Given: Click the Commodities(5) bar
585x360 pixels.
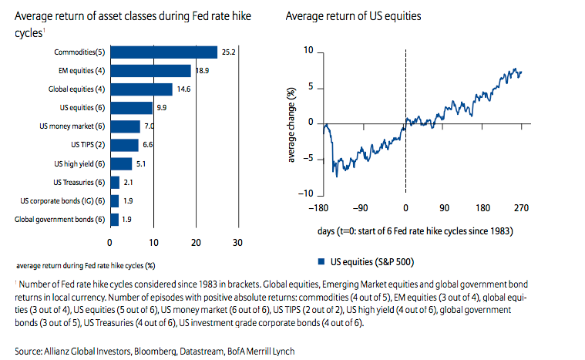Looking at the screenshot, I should click(164, 52).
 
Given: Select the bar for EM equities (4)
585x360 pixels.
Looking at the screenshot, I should click(151, 71).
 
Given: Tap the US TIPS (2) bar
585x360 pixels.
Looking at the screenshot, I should click(125, 145).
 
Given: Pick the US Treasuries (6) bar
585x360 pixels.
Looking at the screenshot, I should click(115, 182).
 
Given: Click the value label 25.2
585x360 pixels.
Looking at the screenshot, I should click(228, 52).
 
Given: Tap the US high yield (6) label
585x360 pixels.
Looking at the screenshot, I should click(79, 163).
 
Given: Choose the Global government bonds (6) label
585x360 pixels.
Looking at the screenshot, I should click(61, 220).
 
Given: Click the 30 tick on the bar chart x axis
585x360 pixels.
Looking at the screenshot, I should click(237, 243).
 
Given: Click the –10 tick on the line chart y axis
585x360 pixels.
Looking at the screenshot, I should click(306, 193).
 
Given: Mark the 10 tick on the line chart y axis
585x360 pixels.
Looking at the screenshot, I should click(309, 51).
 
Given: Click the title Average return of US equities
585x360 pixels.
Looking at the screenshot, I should click(352, 16).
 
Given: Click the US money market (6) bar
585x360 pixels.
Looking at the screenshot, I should click(126, 126).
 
